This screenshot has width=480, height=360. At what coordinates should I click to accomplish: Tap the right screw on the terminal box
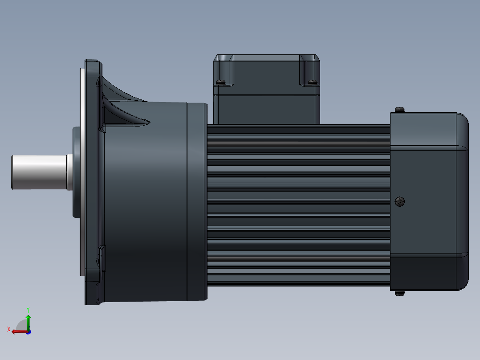pos(312,82)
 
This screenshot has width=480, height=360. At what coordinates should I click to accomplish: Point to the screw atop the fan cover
pos(399,110)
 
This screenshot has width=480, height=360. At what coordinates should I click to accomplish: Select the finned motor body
pos(298,205)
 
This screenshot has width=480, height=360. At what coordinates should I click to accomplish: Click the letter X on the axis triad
pos(9,329)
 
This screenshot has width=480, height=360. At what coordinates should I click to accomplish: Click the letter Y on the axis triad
pos(28,309)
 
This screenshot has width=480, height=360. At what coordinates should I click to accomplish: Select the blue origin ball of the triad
pos(28,331)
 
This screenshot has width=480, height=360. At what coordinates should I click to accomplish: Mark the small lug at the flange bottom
pos(102,258)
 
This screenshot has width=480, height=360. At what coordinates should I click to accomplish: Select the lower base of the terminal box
pos(266,109)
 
